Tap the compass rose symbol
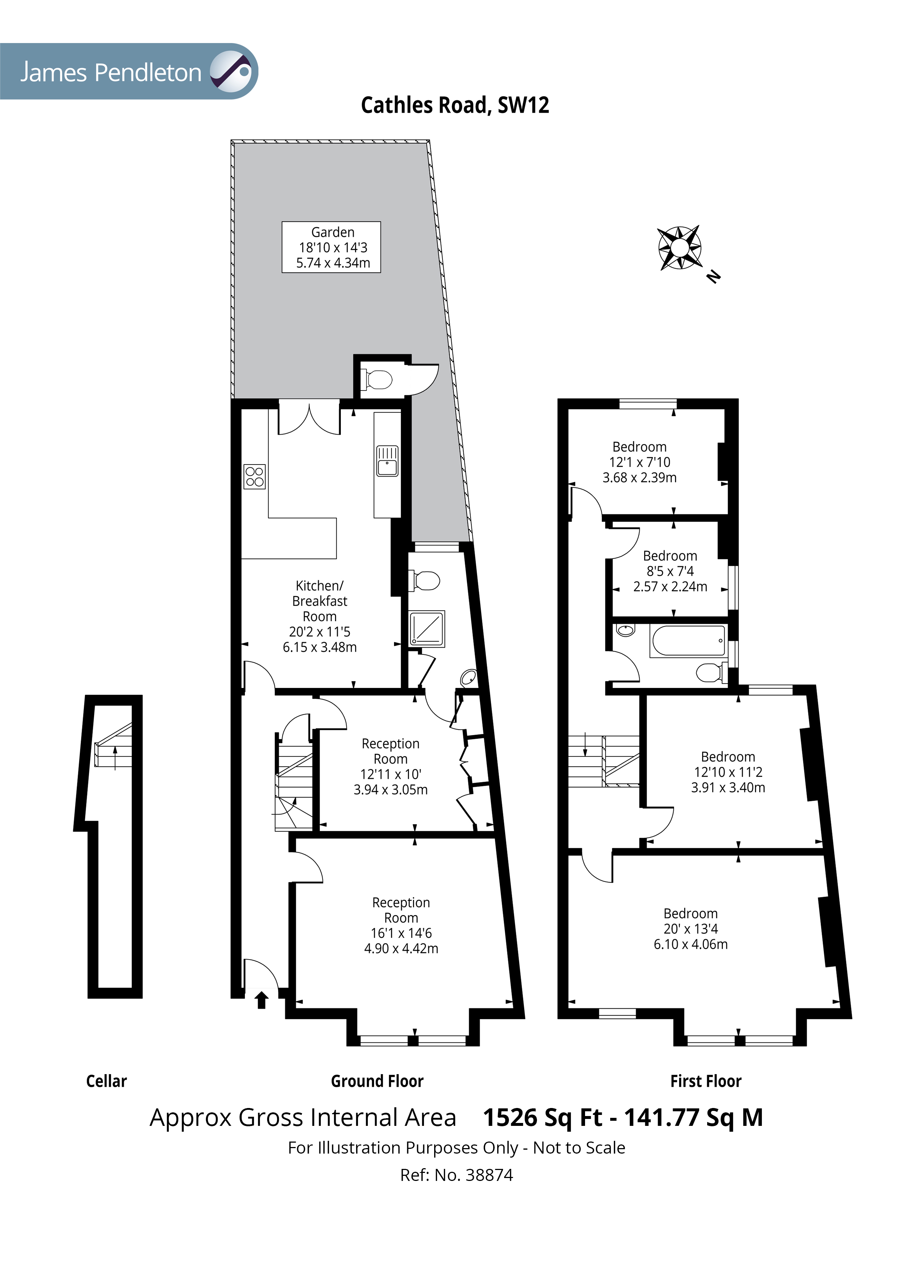point(679,248)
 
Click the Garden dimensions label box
point(331,247)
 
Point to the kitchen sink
point(387,461)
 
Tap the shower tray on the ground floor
point(427,629)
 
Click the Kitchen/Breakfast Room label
point(320,617)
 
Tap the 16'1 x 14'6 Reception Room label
point(401,926)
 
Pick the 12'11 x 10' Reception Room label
point(390,766)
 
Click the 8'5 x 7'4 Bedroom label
point(670,571)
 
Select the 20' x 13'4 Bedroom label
point(691,929)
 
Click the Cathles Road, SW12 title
point(455,105)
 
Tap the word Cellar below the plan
point(106,1081)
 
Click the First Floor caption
point(706,1081)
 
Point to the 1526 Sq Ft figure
point(542,1117)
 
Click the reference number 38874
point(489,1175)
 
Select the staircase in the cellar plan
point(114,746)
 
